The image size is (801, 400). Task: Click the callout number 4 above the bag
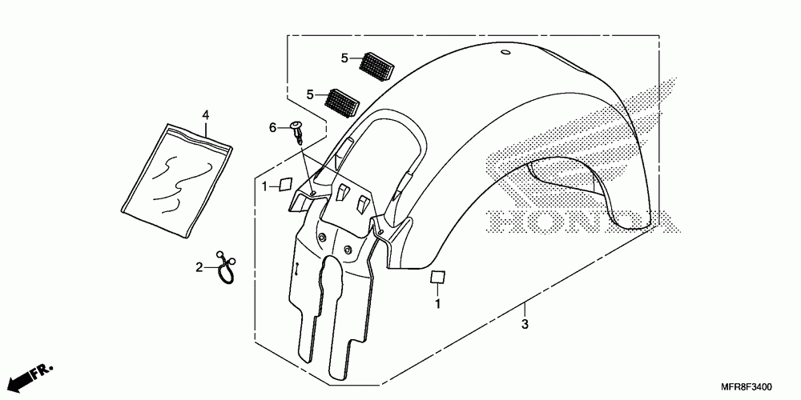click(x=205, y=117)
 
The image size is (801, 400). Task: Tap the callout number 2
click(x=200, y=267)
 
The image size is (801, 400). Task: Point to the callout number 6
click(x=272, y=128)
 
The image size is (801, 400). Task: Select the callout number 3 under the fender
click(x=525, y=324)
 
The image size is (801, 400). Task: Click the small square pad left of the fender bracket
click(x=284, y=185)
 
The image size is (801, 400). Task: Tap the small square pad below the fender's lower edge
click(x=437, y=278)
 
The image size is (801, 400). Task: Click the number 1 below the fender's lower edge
click(x=438, y=304)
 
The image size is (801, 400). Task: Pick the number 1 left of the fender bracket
click(x=265, y=186)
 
